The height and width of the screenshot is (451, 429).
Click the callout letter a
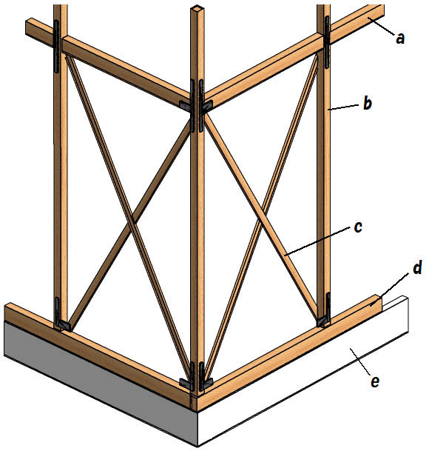pos(400,39)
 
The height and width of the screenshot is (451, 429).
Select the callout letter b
pos(368,103)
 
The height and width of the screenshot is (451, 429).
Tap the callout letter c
pos(358,227)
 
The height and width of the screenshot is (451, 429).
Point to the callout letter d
pos(417,267)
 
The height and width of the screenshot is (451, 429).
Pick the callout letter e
pos(375,381)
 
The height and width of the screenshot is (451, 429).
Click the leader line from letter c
pos(317,241)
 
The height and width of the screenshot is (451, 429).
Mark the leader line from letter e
pos(359,361)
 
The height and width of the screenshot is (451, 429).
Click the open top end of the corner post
pos(198,8)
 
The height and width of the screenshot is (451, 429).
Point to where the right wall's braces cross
pos(262,221)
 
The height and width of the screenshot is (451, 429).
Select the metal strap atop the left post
pos(56,46)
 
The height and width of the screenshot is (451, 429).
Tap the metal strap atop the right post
pos(327,41)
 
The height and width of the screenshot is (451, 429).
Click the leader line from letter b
pos(344,107)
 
